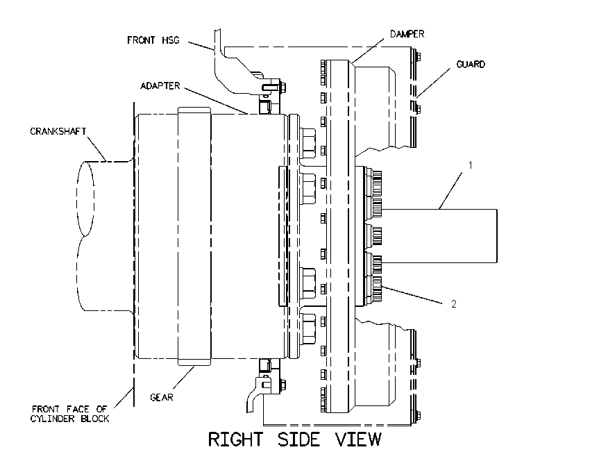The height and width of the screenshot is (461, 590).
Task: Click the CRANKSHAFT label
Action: pyautogui.click(x=58, y=131)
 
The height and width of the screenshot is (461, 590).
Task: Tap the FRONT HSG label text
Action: pyautogui.click(x=153, y=40)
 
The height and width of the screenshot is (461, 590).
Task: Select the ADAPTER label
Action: pyautogui.click(x=160, y=86)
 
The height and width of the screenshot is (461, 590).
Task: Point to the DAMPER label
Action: pyautogui.click(x=407, y=34)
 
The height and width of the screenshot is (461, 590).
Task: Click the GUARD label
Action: pyautogui.click(x=471, y=65)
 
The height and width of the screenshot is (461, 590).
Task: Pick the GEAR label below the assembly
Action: pyautogui.click(x=162, y=397)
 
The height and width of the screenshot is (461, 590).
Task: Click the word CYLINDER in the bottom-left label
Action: pyautogui.click(x=53, y=419)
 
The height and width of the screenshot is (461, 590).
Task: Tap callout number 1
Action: pyautogui.click(x=470, y=165)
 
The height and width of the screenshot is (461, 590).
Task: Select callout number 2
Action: pyautogui.click(x=453, y=304)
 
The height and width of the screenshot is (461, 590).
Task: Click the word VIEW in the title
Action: pyautogui.click(x=358, y=439)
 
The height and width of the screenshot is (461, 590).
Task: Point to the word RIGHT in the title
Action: pyautogui.click(x=235, y=439)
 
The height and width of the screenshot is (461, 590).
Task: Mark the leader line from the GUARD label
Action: pyautogui.click(x=433, y=83)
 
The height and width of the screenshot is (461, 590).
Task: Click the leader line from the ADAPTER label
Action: pyautogui.click(x=216, y=101)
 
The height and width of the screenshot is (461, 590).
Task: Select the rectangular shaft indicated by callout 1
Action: pyautogui.click(x=439, y=235)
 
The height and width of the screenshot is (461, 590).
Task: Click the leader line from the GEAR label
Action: pyautogui.click(x=183, y=378)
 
